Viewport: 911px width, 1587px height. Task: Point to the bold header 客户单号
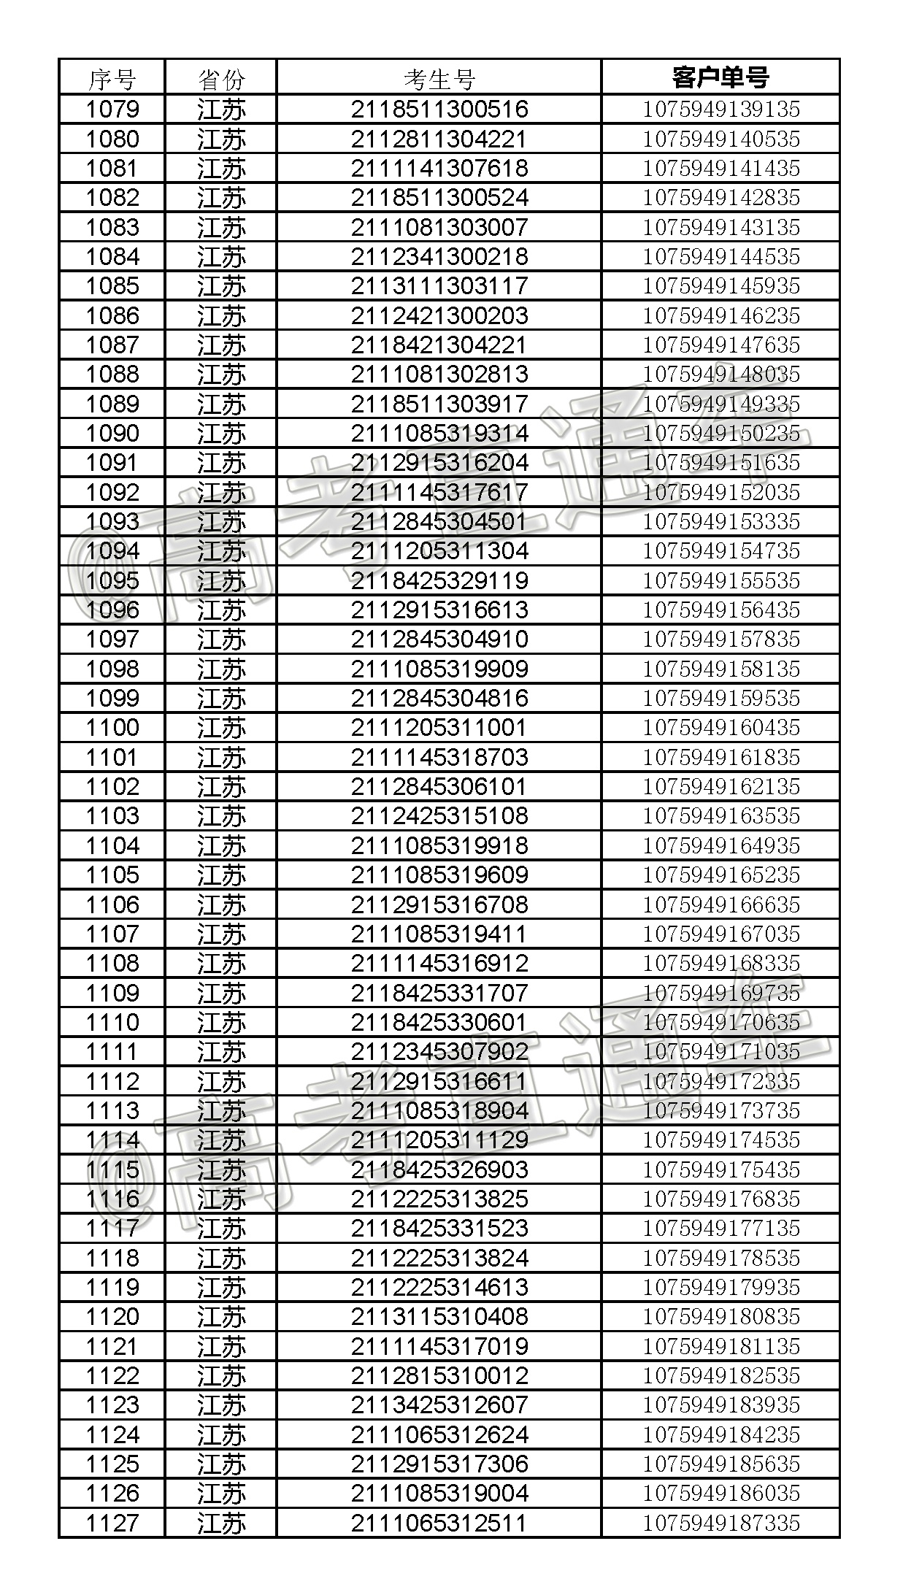point(720,77)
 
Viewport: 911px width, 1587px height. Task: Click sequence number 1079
point(112,109)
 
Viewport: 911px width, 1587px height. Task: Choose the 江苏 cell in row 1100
point(221,728)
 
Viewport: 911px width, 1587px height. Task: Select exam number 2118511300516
point(439,109)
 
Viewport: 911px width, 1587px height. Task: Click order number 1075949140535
point(720,139)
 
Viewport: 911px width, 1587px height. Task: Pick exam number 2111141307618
point(439,169)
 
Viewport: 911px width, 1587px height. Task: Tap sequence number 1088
point(112,374)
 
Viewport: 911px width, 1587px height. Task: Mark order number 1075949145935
point(720,286)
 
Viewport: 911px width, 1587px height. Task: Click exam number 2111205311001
point(439,728)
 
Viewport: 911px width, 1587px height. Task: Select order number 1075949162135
point(720,787)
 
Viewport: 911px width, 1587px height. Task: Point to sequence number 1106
point(112,904)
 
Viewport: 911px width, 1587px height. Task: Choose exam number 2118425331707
point(439,993)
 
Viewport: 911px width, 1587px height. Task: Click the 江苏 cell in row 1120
point(221,1317)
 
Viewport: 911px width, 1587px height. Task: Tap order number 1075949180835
point(720,1317)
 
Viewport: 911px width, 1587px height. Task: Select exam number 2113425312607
point(439,1405)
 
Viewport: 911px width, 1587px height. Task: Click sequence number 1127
point(112,1523)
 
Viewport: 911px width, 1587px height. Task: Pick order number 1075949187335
point(720,1523)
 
